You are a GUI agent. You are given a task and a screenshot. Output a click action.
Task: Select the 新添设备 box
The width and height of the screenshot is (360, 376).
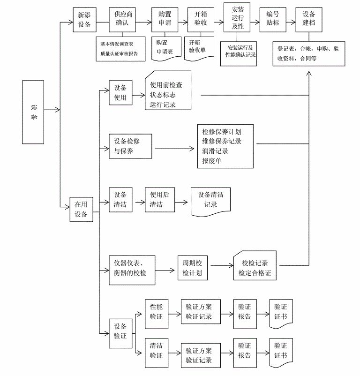coord(84,20)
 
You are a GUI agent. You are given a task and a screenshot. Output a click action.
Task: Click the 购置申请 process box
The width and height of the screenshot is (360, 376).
coord(165,20)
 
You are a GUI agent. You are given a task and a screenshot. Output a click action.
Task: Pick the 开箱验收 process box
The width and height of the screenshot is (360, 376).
coord(201,20)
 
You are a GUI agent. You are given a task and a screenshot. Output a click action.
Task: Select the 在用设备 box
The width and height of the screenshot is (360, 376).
coord(81,209)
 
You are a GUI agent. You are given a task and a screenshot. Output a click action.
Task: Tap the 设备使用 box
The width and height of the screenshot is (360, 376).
coord(120,92)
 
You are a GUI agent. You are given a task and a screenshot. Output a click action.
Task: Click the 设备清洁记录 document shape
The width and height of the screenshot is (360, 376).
coord(210,200)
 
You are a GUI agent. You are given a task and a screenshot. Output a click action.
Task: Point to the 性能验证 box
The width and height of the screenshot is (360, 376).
coord(156,310)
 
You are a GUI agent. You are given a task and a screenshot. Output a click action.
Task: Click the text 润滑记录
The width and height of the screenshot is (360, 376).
coord(215,151)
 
